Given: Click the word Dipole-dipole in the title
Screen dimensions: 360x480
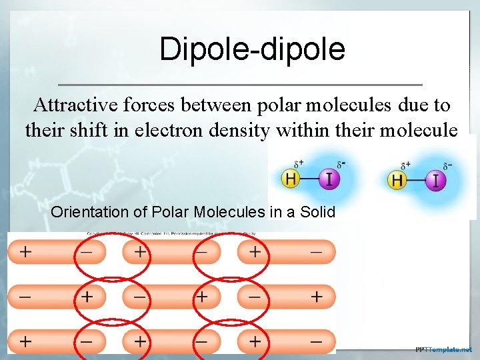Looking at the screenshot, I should (252, 49).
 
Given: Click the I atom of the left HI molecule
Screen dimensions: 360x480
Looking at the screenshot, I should (328, 179).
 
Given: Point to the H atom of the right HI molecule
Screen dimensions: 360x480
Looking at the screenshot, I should (398, 180).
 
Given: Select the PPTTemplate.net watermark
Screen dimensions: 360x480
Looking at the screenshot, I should (443, 349).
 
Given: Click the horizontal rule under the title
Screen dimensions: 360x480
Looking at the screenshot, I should (240, 85).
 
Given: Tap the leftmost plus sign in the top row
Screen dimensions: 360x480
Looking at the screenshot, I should (25, 253).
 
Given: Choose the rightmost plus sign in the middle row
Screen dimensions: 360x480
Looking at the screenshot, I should (315, 295).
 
